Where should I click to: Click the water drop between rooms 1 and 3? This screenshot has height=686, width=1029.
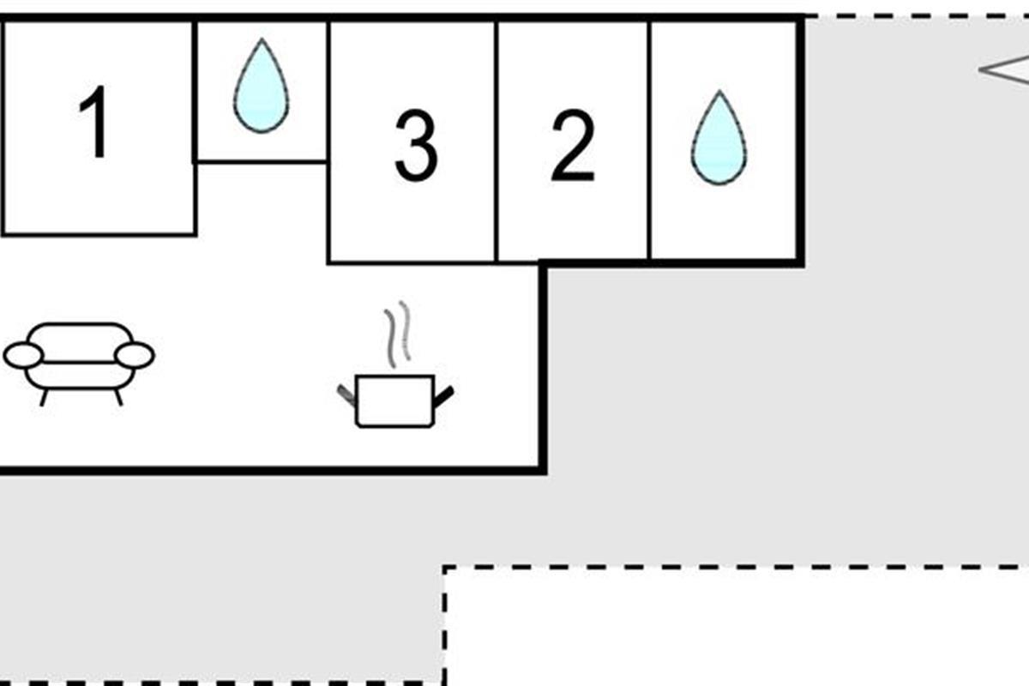pyautogui.click(x=261, y=87)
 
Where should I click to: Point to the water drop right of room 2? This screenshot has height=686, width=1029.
pyautogui.click(x=719, y=139)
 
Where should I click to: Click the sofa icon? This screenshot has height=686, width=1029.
pyautogui.click(x=79, y=360)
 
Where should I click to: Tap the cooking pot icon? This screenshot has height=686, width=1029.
pyautogui.click(x=394, y=400)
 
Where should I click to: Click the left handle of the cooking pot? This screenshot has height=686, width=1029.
pyautogui.click(x=346, y=395)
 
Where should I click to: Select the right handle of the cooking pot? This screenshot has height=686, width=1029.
pyautogui.click(x=444, y=396)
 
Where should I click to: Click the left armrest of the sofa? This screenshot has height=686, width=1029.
pyautogui.click(x=23, y=355)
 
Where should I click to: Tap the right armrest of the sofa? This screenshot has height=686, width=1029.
pyautogui.click(x=135, y=355)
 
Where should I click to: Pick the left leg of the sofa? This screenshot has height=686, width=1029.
pyautogui.click(x=44, y=397)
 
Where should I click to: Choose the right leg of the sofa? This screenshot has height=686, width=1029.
pyautogui.click(x=117, y=397)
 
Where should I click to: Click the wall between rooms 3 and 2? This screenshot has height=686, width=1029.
pyautogui.click(x=496, y=141)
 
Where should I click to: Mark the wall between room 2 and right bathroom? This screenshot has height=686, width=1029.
pyautogui.click(x=650, y=141)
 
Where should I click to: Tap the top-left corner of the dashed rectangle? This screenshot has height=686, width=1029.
pyautogui.click(x=445, y=568)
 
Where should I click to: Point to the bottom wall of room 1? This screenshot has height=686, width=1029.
pyautogui.click(x=99, y=233)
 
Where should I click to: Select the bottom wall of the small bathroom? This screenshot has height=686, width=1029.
pyautogui.click(x=262, y=160)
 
